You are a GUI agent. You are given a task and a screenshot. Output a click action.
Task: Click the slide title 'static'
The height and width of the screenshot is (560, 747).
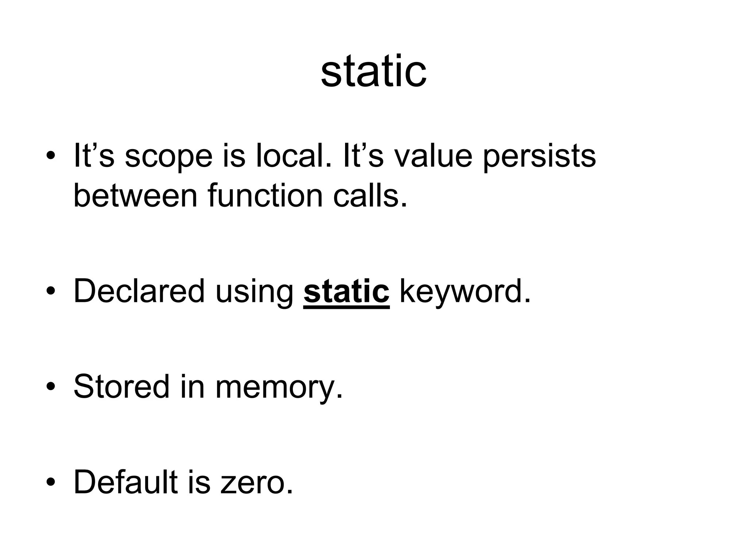[373, 71]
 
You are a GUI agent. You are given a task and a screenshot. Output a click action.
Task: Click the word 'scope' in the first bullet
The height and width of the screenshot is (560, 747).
[168, 156]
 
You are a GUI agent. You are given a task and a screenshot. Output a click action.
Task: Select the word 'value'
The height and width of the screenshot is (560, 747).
[434, 156]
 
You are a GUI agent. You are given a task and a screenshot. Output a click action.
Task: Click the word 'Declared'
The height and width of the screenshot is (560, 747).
[139, 291]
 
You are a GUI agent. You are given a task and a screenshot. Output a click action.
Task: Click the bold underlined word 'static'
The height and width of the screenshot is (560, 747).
[346, 291]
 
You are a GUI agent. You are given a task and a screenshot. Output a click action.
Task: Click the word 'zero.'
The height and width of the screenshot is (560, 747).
[257, 483]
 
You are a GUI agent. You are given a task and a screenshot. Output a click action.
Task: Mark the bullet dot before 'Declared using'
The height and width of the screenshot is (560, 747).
[51, 291]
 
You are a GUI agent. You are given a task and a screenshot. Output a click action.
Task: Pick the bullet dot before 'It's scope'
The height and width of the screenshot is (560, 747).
[51, 156]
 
